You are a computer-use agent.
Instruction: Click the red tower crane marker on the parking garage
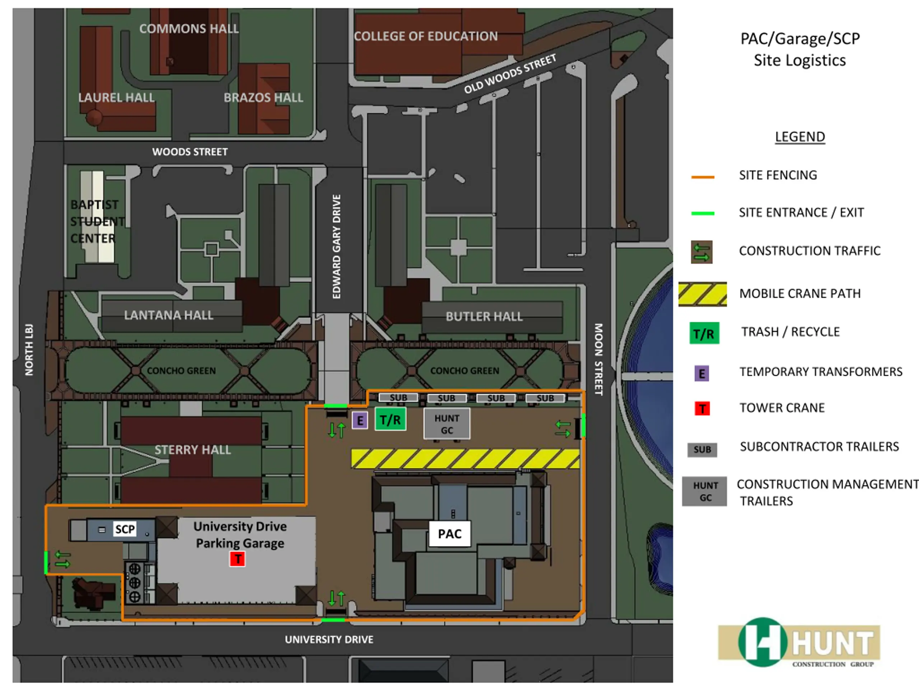tap(238, 559)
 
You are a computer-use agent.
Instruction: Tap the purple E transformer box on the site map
tap(360, 421)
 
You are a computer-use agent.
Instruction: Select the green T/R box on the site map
tap(390, 420)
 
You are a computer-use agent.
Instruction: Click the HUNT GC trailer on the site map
tap(447, 423)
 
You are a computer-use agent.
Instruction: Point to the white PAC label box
tap(449, 534)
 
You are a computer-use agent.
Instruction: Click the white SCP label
tap(125, 529)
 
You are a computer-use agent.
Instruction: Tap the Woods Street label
tap(190, 152)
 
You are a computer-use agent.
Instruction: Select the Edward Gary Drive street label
tap(336, 246)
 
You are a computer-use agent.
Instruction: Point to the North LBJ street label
tap(29, 350)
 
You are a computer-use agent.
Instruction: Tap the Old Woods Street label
tap(510, 74)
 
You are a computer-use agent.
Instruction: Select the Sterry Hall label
tap(192, 450)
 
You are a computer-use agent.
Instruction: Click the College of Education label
tap(425, 37)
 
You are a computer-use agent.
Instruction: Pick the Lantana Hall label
tap(169, 315)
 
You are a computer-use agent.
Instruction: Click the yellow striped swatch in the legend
tap(702, 294)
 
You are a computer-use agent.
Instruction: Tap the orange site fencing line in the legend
tap(703, 177)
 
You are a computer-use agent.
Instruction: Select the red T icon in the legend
tap(702, 409)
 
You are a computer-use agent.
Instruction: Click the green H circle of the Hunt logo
tap(762, 642)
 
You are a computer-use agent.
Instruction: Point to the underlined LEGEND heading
tap(800, 137)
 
